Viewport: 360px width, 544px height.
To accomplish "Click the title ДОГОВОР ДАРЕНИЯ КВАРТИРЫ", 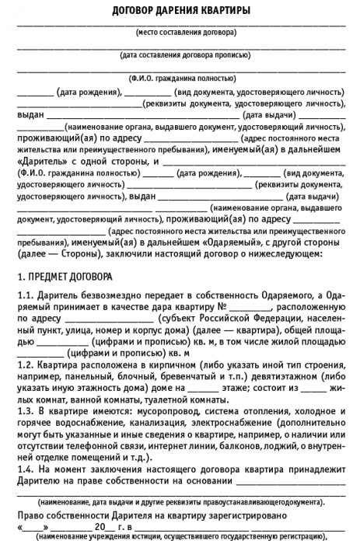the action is click(x=180, y=10).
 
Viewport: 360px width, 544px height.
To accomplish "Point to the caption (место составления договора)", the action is click(x=186, y=33).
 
